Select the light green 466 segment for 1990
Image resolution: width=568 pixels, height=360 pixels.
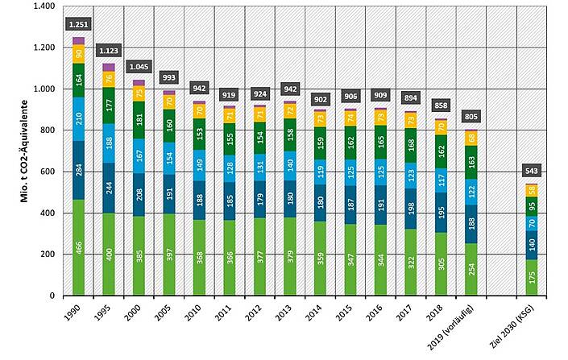78,247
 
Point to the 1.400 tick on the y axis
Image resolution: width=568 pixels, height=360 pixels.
41,6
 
